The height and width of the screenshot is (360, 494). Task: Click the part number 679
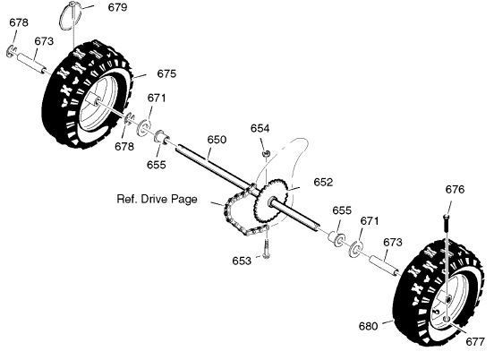(x=117, y=7)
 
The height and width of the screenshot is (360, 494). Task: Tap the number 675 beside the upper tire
(x=166, y=73)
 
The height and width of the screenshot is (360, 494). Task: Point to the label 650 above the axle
(x=217, y=140)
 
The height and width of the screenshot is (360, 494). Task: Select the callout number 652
(x=323, y=182)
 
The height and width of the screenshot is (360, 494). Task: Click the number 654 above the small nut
(x=260, y=128)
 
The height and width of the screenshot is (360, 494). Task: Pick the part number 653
(x=242, y=261)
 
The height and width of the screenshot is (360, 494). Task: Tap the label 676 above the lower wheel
(x=455, y=190)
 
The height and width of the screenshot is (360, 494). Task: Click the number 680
(x=368, y=326)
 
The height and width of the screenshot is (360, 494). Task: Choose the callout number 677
(x=474, y=341)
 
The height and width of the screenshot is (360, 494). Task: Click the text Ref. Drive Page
(x=157, y=199)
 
